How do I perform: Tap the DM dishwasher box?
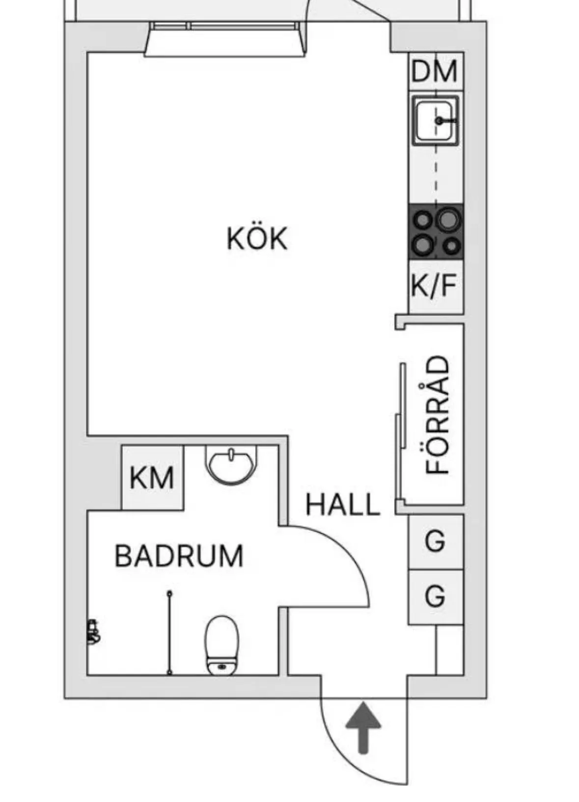436,71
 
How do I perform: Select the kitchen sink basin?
436,121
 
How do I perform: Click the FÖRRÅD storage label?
437,415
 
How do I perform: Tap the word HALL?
342,505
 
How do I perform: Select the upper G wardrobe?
436,541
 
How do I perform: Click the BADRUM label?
179,556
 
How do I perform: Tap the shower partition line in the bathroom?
169,633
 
